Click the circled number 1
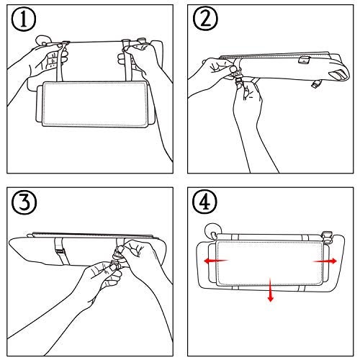(24, 19)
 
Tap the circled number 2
(205, 18)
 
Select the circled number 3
(24, 202)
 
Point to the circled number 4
(204, 202)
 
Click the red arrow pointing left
(216, 261)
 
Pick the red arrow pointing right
(325, 261)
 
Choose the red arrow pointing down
(271, 289)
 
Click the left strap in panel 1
(61, 62)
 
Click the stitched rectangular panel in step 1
(95, 104)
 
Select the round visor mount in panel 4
(211, 231)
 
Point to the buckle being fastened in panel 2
(238, 78)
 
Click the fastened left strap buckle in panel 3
(60, 251)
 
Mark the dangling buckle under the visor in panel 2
(316, 84)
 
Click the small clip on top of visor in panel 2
(305, 60)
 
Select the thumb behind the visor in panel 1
(43, 40)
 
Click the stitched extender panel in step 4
(270, 264)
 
